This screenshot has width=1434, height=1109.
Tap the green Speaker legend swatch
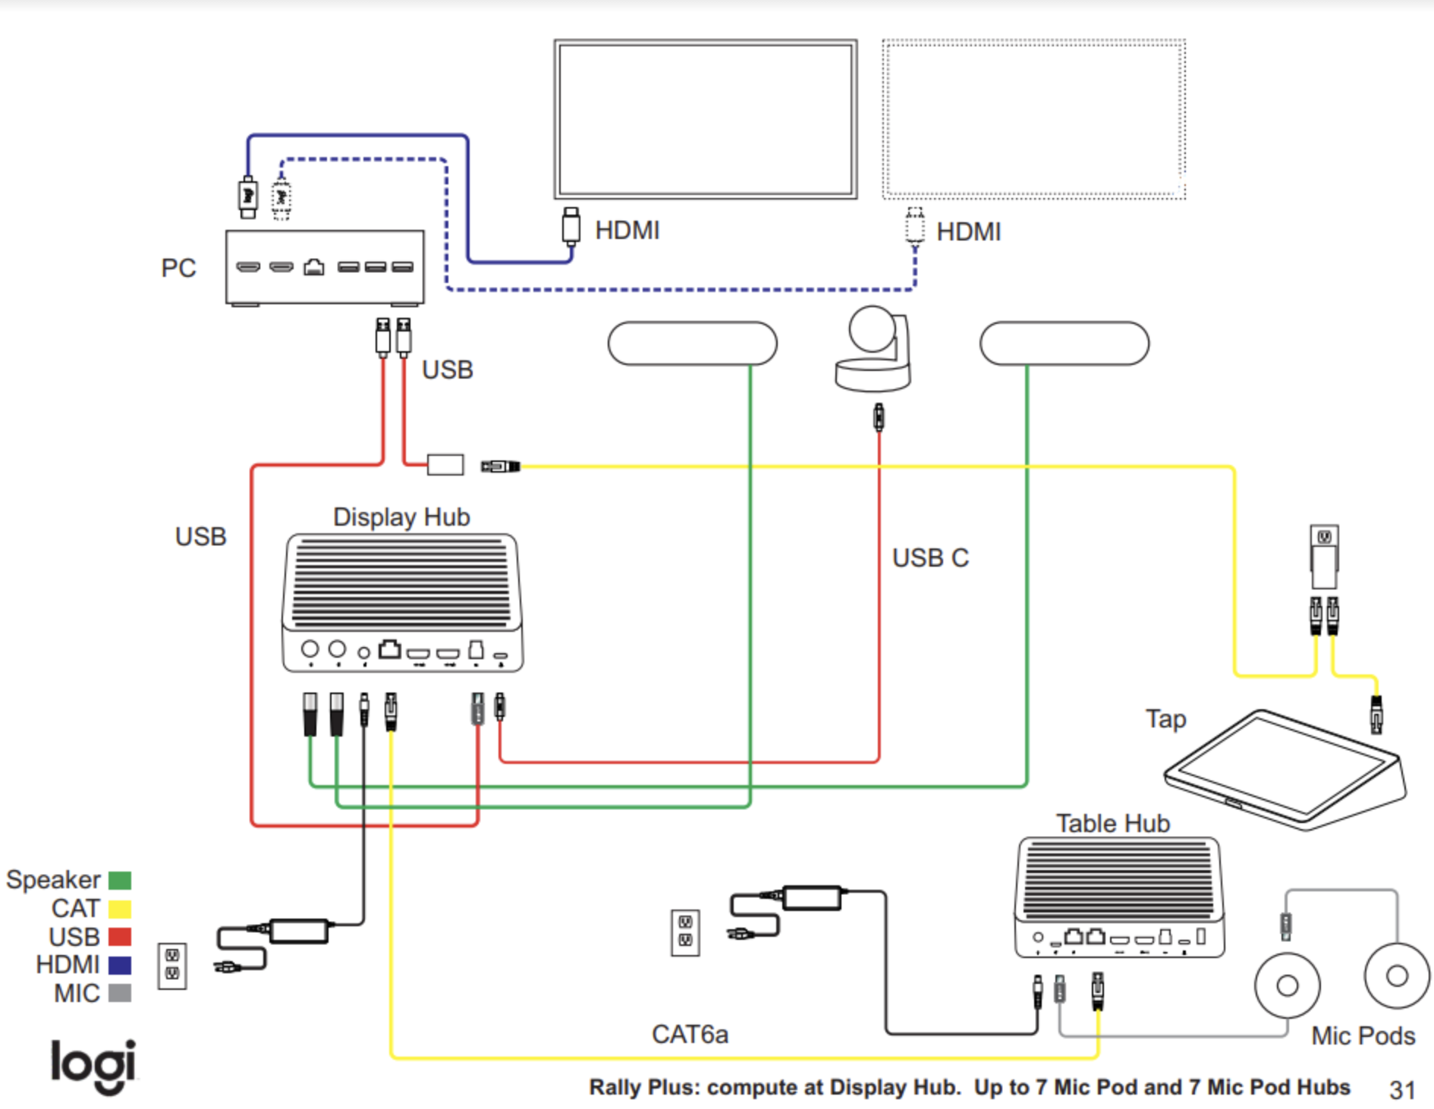click(x=120, y=880)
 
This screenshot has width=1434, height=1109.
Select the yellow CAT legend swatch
click(x=120, y=908)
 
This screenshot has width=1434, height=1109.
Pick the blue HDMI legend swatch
click(x=120, y=965)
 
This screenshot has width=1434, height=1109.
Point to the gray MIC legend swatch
click(x=120, y=993)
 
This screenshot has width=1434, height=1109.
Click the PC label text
click(x=178, y=268)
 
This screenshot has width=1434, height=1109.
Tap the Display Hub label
click(x=401, y=517)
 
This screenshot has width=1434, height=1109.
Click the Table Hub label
click(x=1113, y=823)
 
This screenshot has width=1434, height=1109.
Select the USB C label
click(x=930, y=558)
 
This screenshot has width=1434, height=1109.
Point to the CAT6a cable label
click(x=690, y=1034)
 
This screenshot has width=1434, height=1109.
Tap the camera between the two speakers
click(x=873, y=349)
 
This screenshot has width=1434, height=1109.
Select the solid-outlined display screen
click(x=706, y=120)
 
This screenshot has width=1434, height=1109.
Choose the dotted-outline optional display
click(x=1033, y=120)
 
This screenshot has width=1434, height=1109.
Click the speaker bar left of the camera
click(x=692, y=344)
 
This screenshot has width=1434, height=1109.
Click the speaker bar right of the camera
click(x=1064, y=344)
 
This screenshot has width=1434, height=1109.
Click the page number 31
click(x=1402, y=1090)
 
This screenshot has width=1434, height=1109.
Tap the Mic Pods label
click(x=1363, y=1035)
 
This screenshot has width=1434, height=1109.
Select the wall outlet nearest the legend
click(x=172, y=966)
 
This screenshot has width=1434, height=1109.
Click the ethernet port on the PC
click(x=313, y=267)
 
